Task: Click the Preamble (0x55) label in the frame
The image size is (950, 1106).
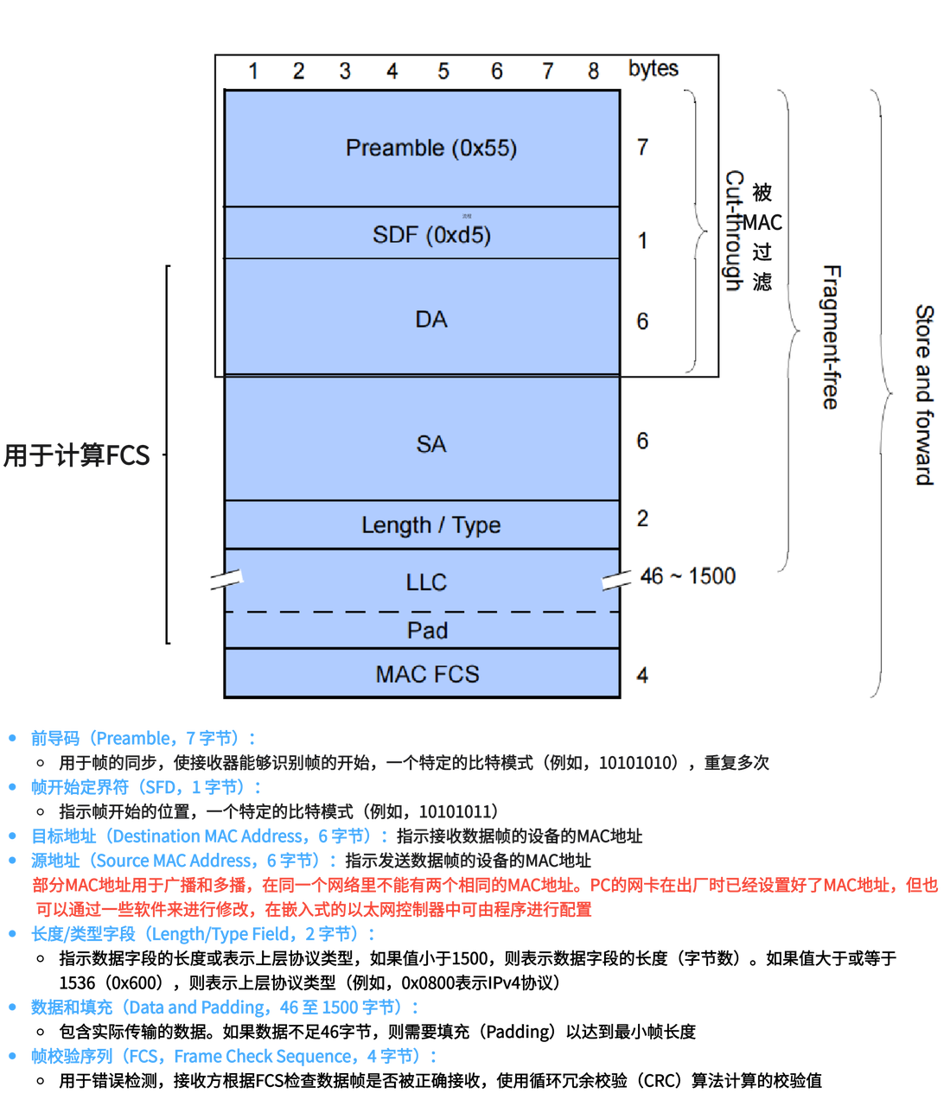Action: coord(430,149)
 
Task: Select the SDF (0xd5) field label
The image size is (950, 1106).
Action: coord(431,235)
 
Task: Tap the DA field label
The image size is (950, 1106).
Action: coord(430,320)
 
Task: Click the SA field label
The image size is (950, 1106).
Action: coord(430,444)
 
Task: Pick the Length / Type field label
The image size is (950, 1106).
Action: coord(430,525)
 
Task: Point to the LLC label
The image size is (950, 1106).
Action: coord(426,582)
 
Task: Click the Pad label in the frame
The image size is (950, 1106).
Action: coord(427,630)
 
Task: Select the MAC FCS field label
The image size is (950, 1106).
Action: coord(427,674)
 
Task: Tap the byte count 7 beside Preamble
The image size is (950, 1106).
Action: coord(642,147)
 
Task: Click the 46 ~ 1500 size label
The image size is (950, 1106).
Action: coord(688,576)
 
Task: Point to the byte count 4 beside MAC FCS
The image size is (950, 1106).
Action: coord(642,675)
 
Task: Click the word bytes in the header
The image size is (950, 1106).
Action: coord(653,69)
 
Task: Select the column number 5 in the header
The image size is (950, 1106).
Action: coord(443,71)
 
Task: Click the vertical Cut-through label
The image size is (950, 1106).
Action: coord(734,232)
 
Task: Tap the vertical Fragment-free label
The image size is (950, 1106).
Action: coord(831,337)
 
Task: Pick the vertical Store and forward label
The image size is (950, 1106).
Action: coord(924,395)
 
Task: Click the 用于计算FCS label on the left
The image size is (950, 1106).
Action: coord(77,455)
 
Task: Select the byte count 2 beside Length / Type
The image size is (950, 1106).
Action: coord(642,518)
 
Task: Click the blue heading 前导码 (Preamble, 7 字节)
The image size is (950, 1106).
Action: coord(143,739)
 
